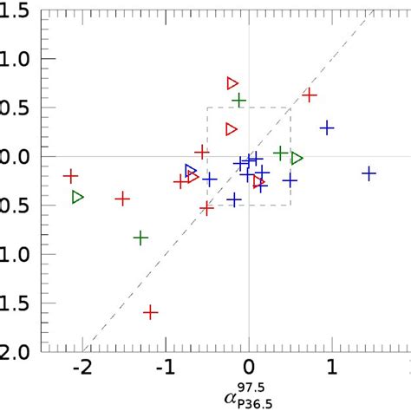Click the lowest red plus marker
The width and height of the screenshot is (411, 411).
[x=150, y=312]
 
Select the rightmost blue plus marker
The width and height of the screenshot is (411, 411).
[x=369, y=173]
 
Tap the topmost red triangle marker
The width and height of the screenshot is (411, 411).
[x=232, y=83]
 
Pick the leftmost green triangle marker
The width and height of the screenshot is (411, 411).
[x=78, y=198]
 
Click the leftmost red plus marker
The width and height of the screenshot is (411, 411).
[x=71, y=176]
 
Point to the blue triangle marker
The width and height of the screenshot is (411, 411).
[x=191, y=171]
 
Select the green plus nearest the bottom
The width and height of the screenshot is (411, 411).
[x=140, y=237]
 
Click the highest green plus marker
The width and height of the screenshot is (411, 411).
[x=239, y=101]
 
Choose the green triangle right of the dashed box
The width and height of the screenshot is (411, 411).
[x=297, y=158]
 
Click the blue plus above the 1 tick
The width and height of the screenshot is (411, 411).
[x=327, y=127]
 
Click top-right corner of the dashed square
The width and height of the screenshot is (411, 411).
[x=290, y=108]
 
